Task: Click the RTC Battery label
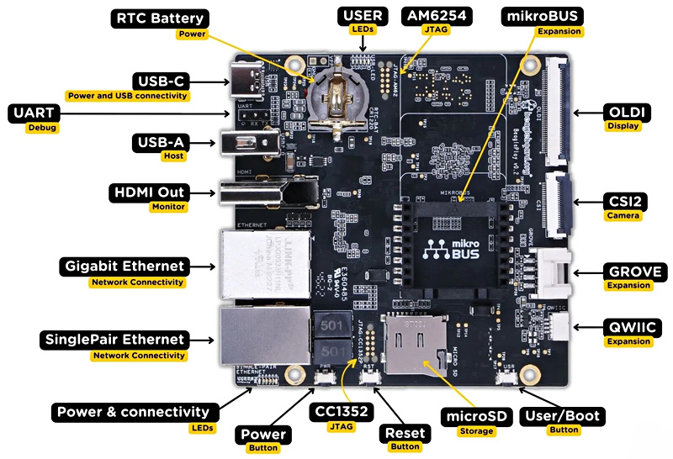coord(161,18)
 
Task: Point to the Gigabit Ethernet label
coord(124,266)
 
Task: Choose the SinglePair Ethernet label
coord(113,340)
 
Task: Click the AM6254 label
coord(437,16)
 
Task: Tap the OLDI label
coord(624,112)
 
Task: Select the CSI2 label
coord(624,201)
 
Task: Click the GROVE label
coord(635,272)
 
